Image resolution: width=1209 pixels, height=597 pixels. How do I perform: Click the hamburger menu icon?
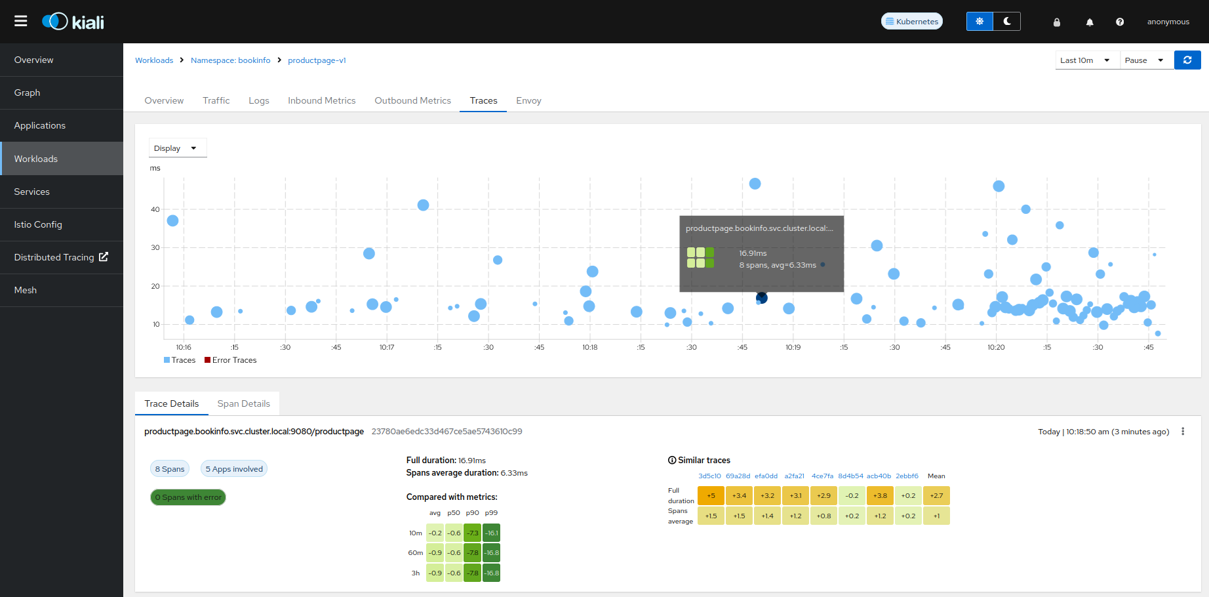[x=21, y=21]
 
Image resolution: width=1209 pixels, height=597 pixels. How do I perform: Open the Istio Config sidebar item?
[x=38, y=224]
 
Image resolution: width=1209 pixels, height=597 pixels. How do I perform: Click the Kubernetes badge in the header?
[x=911, y=22]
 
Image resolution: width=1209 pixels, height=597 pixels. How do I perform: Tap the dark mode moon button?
[x=1007, y=22]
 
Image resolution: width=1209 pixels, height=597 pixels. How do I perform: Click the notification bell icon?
[x=1090, y=22]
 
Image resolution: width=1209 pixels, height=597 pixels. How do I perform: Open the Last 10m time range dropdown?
[x=1085, y=60]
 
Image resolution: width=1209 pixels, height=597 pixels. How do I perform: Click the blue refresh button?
[x=1187, y=60]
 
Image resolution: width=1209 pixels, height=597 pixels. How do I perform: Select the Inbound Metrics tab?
[x=321, y=100]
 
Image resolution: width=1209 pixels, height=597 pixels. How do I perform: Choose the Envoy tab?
[x=528, y=100]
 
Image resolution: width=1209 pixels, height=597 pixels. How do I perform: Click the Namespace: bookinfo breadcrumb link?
[x=230, y=60]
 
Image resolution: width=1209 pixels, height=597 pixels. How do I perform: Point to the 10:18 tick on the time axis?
[x=589, y=347]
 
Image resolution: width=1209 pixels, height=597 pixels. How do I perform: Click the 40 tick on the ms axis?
[x=155, y=209]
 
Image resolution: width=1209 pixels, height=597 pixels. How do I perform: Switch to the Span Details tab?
[x=243, y=403]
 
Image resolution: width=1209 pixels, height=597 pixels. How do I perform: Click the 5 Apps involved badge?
[x=234, y=469]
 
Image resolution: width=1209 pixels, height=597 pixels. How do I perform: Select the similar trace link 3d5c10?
[x=709, y=476]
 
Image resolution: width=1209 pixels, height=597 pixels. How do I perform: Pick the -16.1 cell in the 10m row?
[x=492, y=533]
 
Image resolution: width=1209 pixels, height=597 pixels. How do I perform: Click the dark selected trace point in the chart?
[x=762, y=298]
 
